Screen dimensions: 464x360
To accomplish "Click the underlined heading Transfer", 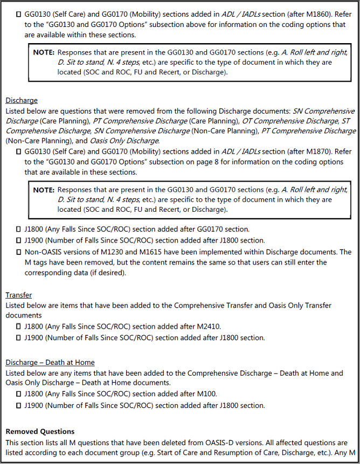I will (x=18, y=295).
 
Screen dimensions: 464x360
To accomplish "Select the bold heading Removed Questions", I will (x=40, y=432).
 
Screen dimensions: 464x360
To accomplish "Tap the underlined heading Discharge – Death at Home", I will (x=50, y=362).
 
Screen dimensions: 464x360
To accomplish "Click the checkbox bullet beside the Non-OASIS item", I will (x=19, y=252).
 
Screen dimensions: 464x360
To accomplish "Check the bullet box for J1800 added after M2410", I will (x=19, y=326).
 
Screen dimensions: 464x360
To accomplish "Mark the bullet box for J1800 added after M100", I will (x=19, y=394).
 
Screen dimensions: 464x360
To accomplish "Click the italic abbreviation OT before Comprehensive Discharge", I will (x=247, y=121).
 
